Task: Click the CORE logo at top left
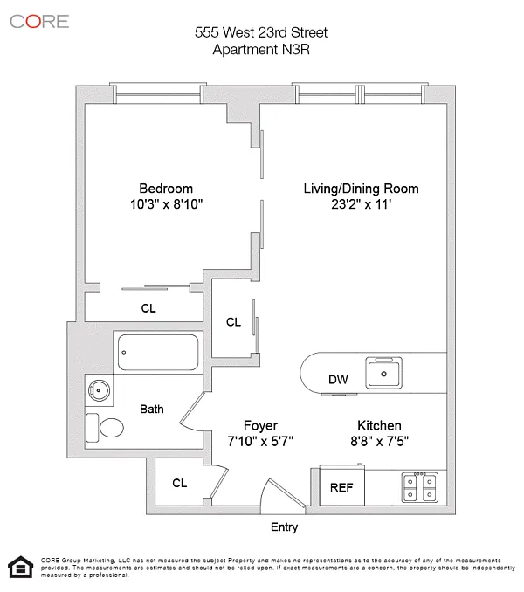point(39,21)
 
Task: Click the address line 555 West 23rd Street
point(262,33)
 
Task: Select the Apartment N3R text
point(262,49)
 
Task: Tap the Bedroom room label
point(166,189)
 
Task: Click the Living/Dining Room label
point(361,189)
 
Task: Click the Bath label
point(152,408)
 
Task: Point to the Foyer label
point(260,425)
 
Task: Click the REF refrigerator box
point(341,488)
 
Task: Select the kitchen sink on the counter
point(384,373)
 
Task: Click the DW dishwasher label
point(339,380)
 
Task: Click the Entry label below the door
point(285,527)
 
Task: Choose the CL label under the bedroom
point(149,307)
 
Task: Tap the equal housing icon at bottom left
point(17,567)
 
